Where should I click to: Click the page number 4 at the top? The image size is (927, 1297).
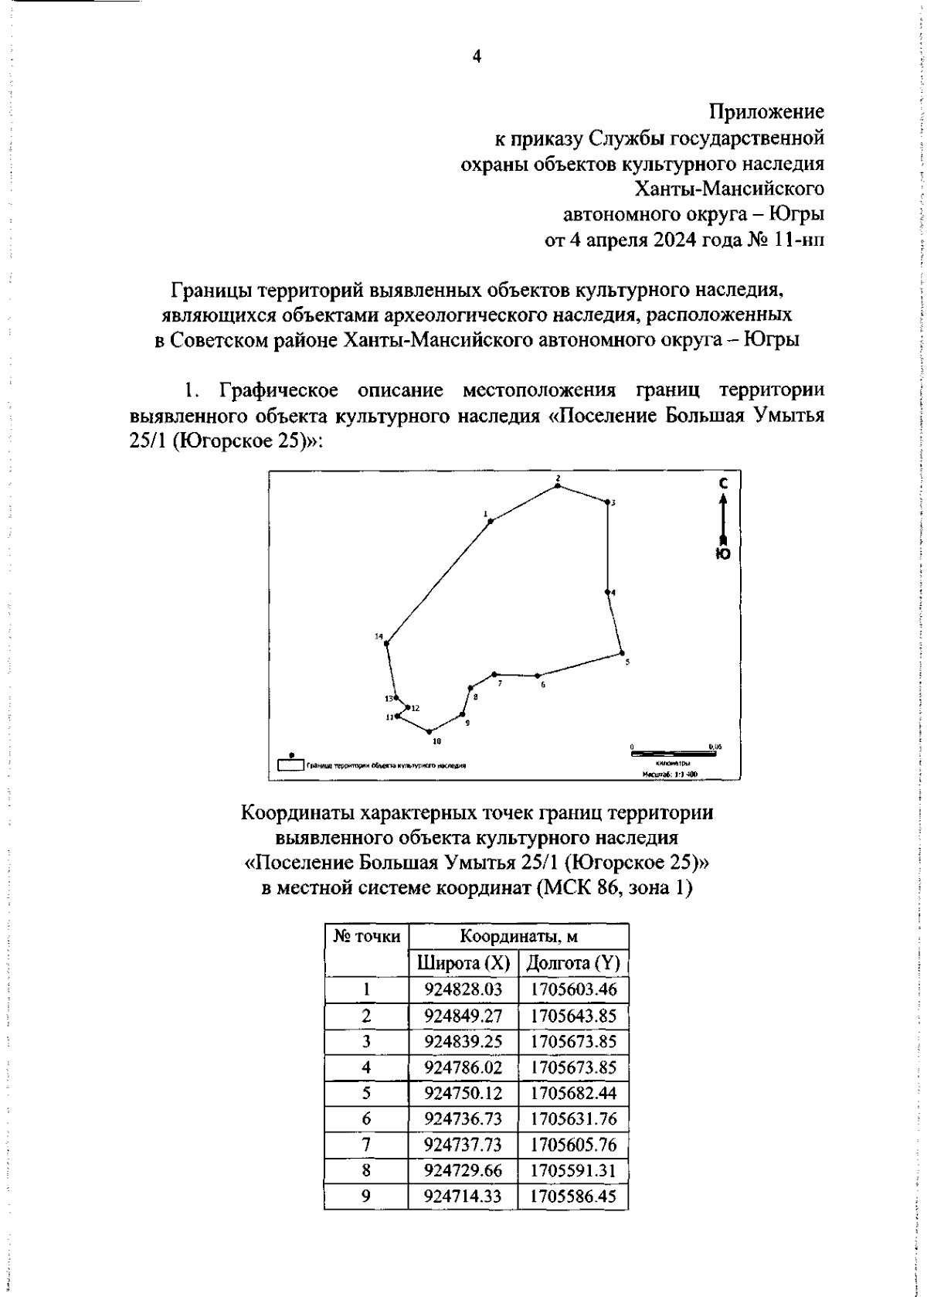(476, 57)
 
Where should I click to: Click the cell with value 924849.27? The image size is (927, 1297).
(463, 1016)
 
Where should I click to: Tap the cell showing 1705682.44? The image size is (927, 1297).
(573, 1093)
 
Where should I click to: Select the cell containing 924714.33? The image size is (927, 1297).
(463, 1197)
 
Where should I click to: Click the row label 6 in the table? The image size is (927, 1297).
(366, 1118)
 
